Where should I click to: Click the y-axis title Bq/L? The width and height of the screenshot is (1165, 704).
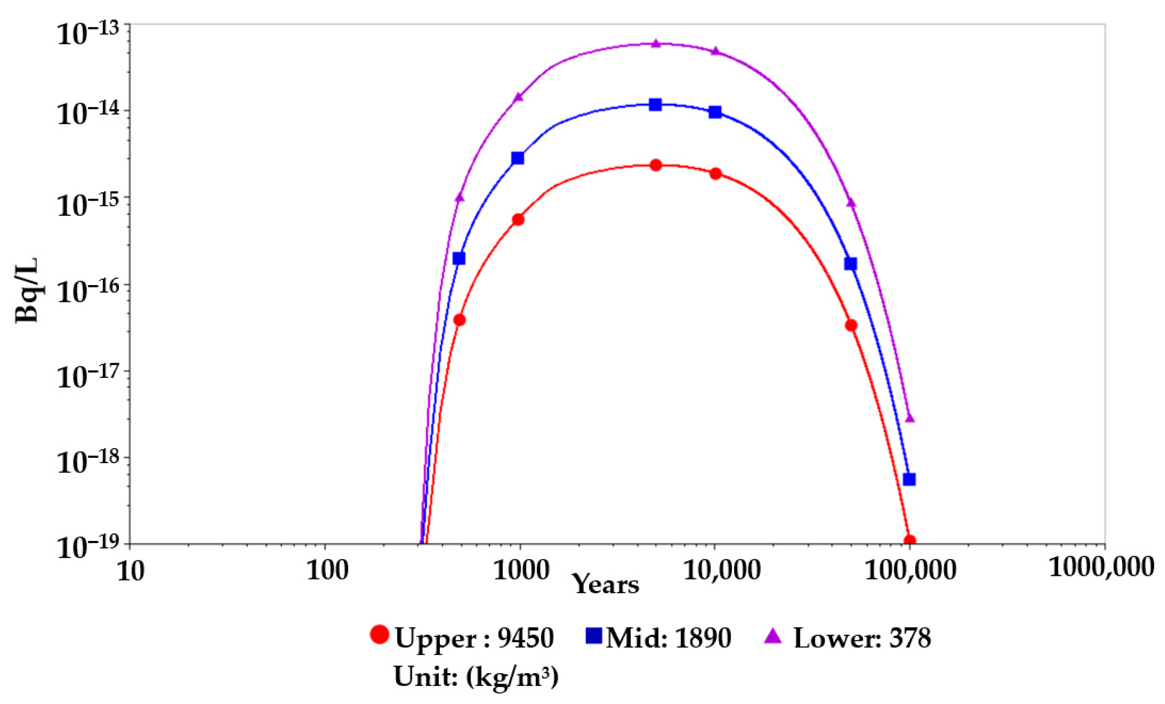(27, 290)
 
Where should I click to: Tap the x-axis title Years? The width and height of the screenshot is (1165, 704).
(605, 585)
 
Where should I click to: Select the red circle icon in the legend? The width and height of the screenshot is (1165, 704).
(380, 635)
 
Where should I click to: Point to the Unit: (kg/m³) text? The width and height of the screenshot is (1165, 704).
(476, 677)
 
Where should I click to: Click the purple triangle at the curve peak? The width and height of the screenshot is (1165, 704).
(655, 43)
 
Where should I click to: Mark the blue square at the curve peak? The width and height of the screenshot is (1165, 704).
(655, 104)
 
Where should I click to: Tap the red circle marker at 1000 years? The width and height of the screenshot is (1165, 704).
(518, 219)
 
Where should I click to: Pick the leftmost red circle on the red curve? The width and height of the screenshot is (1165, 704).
(459, 320)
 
